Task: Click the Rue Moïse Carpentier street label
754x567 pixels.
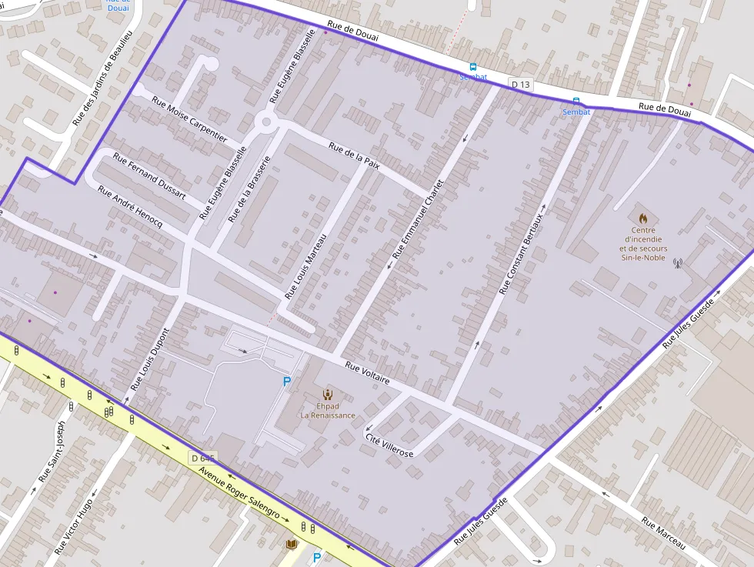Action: pos(189,119)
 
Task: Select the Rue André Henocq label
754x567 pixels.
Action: pos(129,206)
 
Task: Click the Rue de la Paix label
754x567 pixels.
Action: pos(354,157)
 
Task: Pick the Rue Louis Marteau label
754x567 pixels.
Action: pos(305,266)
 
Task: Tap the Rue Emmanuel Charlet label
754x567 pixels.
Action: pos(419,219)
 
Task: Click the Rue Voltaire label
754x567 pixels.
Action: pos(367,373)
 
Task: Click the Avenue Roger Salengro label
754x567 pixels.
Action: pos(239,494)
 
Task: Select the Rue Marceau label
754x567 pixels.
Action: pos(663,533)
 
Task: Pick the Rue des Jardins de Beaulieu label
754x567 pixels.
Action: pos(103,78)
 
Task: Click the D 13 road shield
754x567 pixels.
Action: pos(520,84)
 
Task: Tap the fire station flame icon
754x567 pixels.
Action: pos(643,218)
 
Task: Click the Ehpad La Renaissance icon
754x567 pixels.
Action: pos(328,394)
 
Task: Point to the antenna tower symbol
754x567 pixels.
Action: pos(678,264)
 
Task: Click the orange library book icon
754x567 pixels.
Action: pos(292,545)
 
